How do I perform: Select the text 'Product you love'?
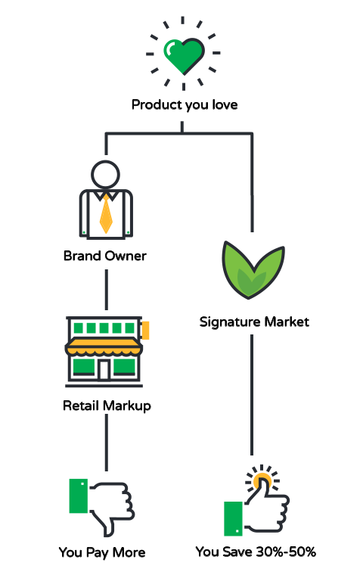point(185,104)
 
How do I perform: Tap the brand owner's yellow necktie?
point(106,214)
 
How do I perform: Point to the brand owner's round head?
point(105,174)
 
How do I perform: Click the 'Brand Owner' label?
point(105,256)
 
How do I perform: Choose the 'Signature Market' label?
point(254,322)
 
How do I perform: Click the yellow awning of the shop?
point(104,347)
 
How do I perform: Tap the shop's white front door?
point(104,369)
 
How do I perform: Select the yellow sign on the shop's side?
point(145,330)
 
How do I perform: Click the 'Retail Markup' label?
point(107,406)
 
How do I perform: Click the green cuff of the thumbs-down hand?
point(79,496)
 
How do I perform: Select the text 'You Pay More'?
point(102,552)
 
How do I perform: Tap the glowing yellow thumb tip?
point(262,480)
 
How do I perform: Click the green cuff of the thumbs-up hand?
point(233,518)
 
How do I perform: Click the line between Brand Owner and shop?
point(107,290)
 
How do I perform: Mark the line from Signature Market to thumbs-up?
point(252,395)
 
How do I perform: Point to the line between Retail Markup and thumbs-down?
point(107,443)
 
